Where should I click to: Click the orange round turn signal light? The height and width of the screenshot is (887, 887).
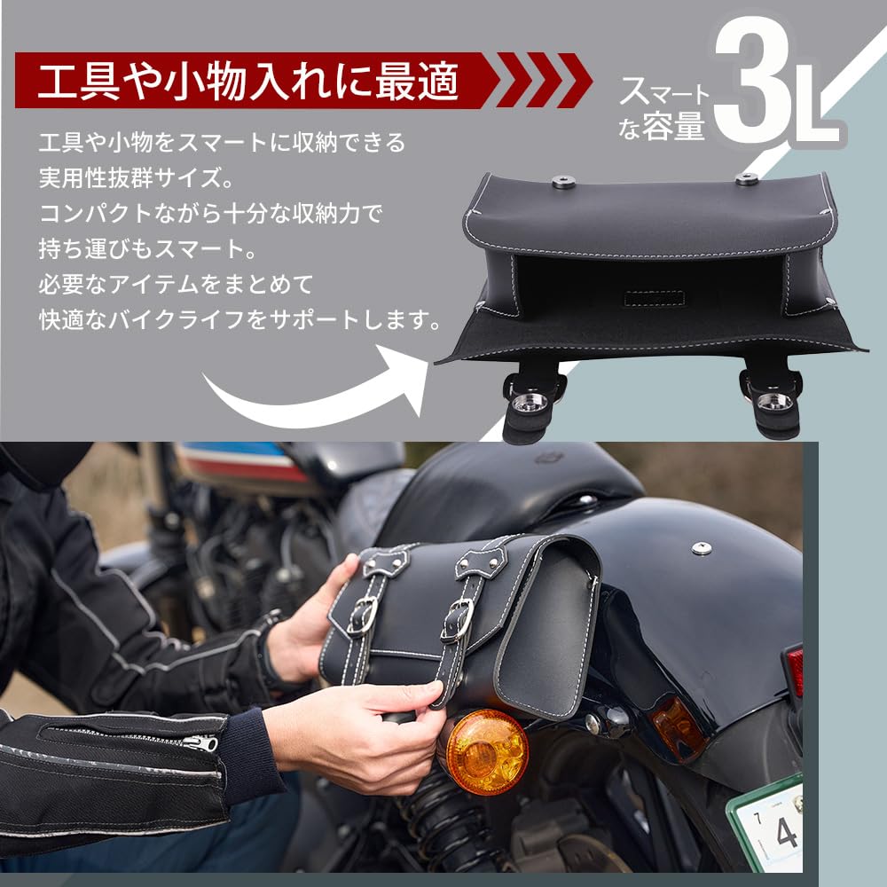point(486,750)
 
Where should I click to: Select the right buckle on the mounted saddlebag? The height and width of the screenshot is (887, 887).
point(458,619)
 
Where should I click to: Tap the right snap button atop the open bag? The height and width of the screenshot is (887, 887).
point(746,178)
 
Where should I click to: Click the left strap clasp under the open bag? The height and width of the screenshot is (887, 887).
point(531,402)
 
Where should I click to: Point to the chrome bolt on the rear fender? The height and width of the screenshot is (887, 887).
point(701,547)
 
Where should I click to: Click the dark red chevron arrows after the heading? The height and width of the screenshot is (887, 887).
point(543,80)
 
